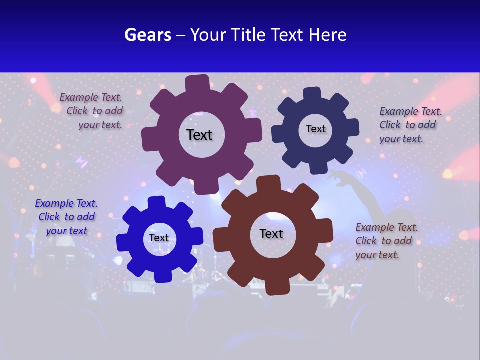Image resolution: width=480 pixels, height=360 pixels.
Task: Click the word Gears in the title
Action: tap(147, 35)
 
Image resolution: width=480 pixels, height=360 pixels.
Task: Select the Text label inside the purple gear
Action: tap(199, 135)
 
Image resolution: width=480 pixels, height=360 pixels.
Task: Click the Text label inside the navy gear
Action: tap(315, 129)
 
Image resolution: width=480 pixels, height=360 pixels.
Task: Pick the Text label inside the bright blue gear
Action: tap(159, 238)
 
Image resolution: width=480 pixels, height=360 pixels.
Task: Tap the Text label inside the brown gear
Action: tap(271, 233)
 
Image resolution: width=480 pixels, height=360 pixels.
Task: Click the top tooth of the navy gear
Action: tap(312, 94)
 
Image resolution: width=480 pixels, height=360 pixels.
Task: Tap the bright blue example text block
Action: tap(66, 217)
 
